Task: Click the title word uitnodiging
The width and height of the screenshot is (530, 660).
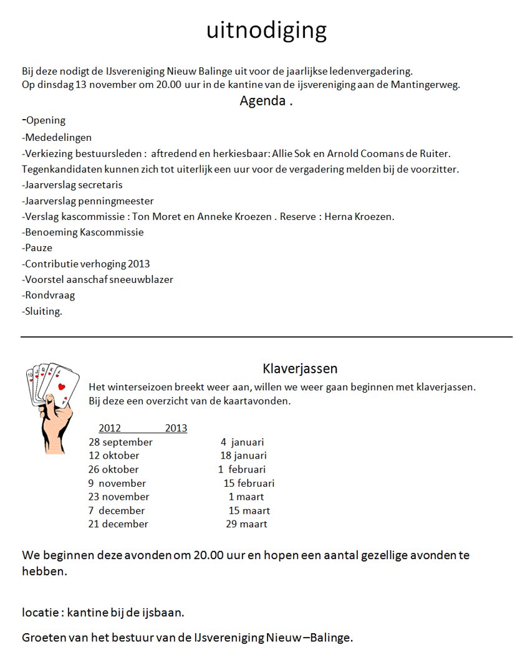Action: point(266,31)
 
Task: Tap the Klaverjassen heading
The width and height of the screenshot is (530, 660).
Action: point(300,369)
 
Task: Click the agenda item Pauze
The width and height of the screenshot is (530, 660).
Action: point(39,248)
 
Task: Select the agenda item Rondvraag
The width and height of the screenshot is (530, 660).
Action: point(44,295)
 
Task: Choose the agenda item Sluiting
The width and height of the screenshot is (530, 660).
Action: point(42,312)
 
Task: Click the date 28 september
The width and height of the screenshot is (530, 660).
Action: point(120,442)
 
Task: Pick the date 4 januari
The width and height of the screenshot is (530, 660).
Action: point(242,442)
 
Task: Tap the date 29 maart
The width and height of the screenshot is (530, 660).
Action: point(246,524)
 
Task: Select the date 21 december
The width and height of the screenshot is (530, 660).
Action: point(118,524)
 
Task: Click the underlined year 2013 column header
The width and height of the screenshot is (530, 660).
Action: point(176,428)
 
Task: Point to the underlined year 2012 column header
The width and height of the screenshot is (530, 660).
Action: point(110,428)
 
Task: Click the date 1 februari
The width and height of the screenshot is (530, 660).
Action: point(242,469)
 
